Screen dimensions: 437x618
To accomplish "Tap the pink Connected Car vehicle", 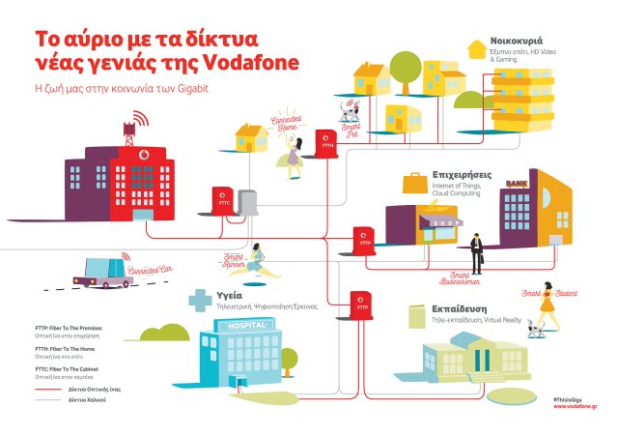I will tap(100, 272).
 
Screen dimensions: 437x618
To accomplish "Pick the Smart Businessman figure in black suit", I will tap(476, 253).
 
